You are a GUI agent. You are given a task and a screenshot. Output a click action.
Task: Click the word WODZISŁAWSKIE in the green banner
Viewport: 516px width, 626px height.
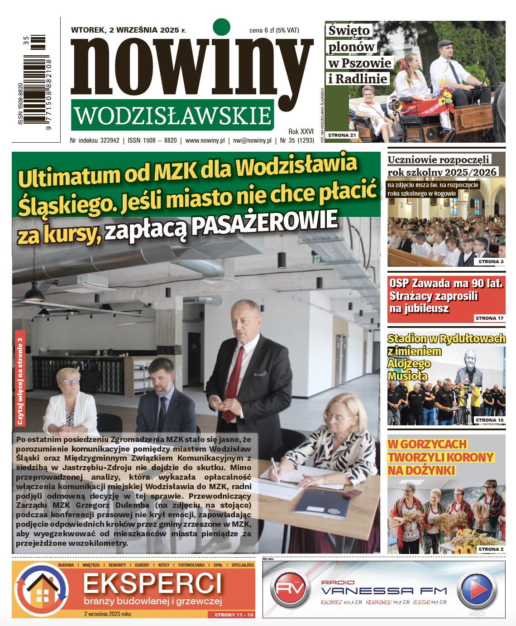(x=172, y=116)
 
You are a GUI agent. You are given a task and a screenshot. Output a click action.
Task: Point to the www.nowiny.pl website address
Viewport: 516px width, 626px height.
(x=205, y=140)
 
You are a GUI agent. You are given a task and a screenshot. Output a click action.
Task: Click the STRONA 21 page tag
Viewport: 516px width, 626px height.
(x=342, y=135)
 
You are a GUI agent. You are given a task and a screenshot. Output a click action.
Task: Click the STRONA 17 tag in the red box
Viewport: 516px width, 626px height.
(x=489, y=318)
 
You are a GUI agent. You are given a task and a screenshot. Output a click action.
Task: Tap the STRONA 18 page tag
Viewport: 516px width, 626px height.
(x=489, y=420)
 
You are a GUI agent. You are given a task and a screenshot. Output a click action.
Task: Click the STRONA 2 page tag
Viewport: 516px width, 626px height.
(x=491, y=549)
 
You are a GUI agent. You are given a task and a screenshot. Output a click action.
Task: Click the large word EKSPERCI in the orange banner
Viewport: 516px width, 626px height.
(x=153, y=583)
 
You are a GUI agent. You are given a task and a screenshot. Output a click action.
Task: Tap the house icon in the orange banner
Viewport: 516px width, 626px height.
(x=42, y=589)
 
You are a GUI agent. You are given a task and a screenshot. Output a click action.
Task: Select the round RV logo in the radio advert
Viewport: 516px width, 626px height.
(x=290, y=589)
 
